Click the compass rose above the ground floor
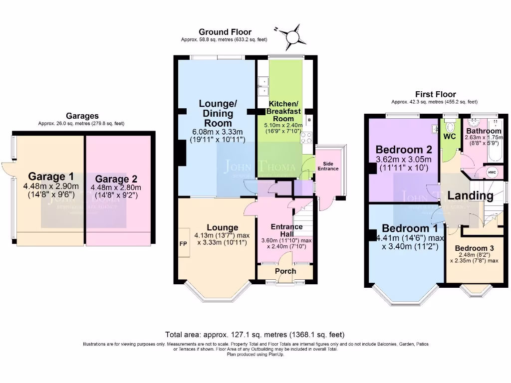click(291, 36)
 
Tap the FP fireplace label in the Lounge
click(183, 244)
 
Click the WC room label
click(450, 136)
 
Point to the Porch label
click(285, 271)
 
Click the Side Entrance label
click(327, 166)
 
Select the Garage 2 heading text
click(116, 179)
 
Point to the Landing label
click(470, 195)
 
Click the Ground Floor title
click(225, 32)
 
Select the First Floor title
click(436, 94)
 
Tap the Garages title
click(82, 116)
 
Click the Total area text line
click(255, 335)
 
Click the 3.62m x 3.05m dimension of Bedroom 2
click(404, 160)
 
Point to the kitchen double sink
click(262, 86)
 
